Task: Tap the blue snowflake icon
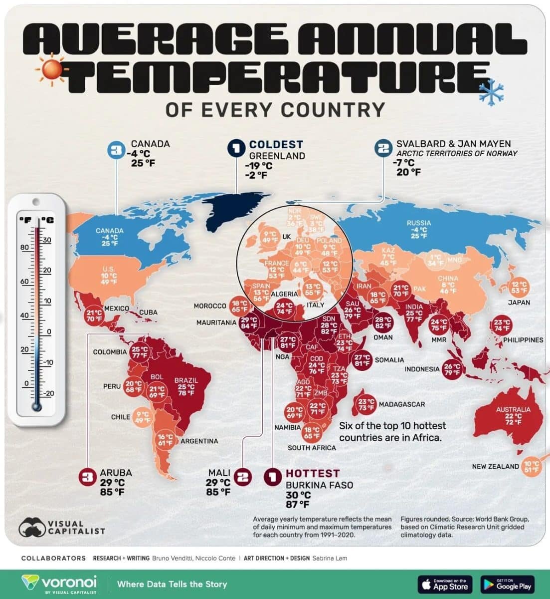491,91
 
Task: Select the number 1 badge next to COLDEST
236,149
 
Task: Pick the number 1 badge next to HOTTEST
272,477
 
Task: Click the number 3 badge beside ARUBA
88,477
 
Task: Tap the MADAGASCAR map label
401,404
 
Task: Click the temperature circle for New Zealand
532,466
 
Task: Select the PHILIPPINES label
523,340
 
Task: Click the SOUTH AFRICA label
312,448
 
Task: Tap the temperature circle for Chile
143,417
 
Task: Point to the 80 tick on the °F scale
24,248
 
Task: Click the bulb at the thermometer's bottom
36,406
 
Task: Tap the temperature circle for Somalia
362,359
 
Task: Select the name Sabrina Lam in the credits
330,558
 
